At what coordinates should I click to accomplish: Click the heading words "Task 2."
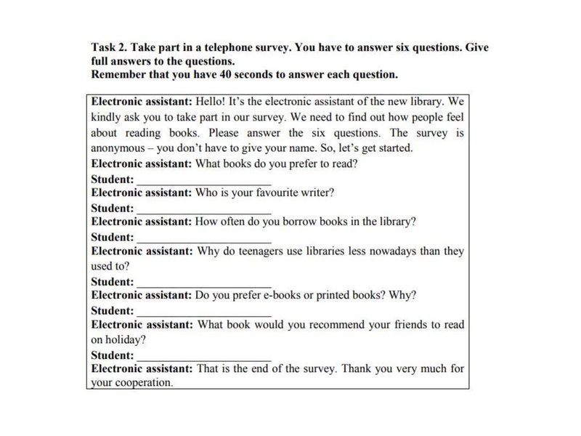tap(110, 47)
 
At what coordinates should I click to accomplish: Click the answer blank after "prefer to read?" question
tap(204, 179)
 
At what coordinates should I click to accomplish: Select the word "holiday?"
tap(126, 339)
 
